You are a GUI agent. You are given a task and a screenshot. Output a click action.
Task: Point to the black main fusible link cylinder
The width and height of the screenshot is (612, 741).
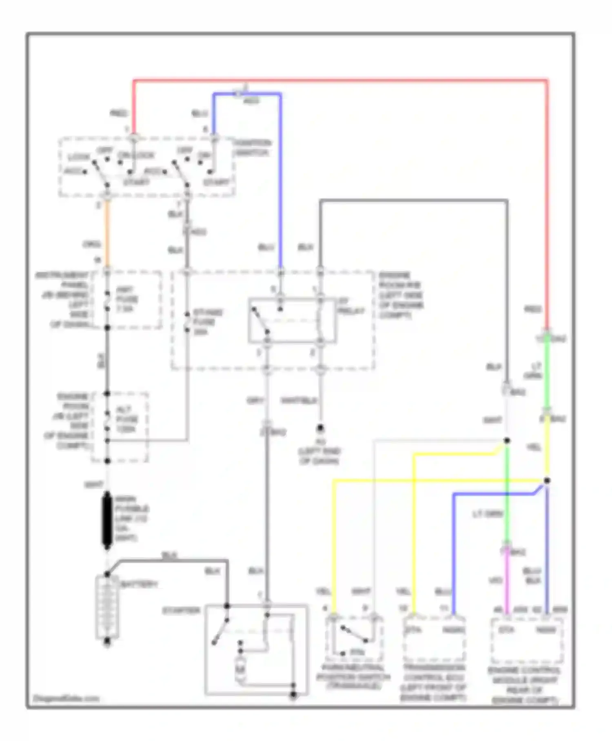(107, 520)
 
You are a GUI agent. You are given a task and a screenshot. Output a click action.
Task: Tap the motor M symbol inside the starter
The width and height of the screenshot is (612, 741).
(241, 669)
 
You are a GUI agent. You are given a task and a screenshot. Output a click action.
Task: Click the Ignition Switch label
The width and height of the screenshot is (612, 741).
(252, 148)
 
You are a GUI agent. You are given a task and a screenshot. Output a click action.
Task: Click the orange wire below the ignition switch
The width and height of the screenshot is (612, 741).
(107, 233)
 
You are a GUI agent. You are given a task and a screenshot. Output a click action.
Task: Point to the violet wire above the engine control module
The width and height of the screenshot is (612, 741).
(507, 580)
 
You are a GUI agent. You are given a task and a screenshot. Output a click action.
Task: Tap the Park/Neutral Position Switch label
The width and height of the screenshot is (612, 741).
(353, 677)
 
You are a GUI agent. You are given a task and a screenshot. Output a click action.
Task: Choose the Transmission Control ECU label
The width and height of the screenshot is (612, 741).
(433, 682)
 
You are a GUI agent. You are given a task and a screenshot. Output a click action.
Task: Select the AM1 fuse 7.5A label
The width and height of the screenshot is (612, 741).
(127, 299)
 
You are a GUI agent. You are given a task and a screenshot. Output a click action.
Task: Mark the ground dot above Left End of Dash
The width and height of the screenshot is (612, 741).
(321, 428)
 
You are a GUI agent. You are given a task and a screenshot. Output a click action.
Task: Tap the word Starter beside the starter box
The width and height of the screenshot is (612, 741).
(181, 611)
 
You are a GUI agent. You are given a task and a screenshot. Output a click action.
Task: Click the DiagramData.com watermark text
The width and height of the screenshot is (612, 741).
(66, 699)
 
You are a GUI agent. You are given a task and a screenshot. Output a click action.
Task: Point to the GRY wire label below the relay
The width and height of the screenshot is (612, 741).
(255, 401)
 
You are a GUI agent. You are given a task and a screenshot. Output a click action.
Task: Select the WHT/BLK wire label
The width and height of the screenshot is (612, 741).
(299, 401)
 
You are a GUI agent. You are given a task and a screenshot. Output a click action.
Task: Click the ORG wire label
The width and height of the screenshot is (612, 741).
(92, 244)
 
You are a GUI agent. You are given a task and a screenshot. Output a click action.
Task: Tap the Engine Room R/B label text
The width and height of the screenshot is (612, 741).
(401, 295)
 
